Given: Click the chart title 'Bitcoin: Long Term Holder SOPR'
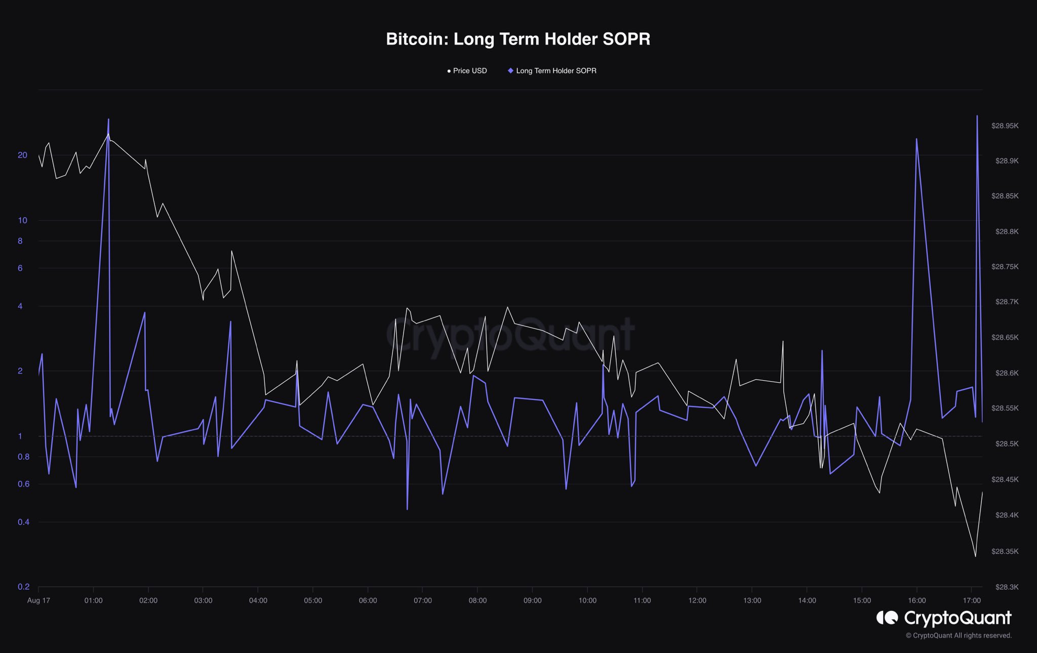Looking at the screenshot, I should coord(518,39).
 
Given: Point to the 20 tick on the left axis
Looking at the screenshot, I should coord(22,155).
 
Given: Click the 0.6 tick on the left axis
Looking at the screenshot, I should coord(23,484).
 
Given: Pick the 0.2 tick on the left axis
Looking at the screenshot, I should coord(23,587).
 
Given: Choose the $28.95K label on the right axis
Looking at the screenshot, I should coord(1005,126).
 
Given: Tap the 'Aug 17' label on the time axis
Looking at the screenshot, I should coord(38,600).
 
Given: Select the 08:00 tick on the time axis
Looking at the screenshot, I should coord(477,600).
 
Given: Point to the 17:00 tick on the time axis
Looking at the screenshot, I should coord(972,600).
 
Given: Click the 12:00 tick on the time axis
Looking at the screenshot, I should coord(697,600).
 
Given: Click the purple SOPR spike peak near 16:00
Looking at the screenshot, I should coord(916,139).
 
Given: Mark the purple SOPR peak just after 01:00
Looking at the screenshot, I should coord(108,119).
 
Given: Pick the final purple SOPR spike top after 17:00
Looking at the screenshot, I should coord(977,116).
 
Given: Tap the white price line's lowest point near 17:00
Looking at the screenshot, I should coord(975,557).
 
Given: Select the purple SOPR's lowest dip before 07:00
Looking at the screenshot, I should coord(407,509).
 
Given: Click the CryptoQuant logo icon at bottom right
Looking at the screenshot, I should coord(887,618).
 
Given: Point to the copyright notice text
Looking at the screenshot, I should coord(959,636).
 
